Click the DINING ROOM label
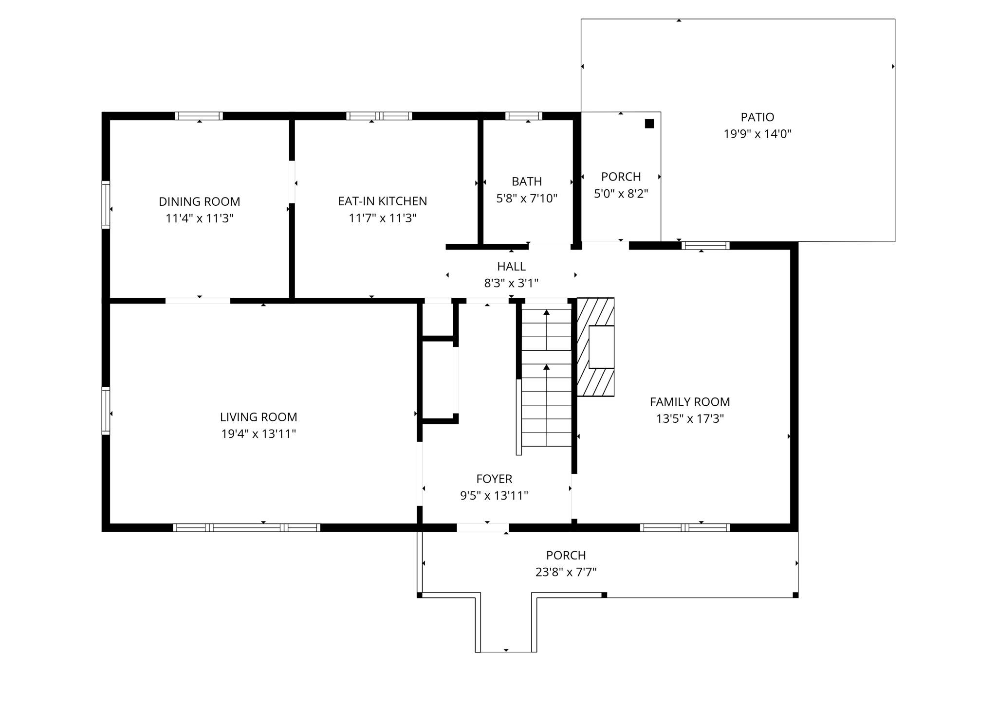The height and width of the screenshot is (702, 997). click(x=199, y=201)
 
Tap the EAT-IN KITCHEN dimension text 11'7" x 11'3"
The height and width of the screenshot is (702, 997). click(x=382, y=218)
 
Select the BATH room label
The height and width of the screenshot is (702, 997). click(x=526, y=181)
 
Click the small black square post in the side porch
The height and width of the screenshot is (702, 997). click(x=649, y=124)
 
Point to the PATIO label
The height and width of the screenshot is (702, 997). click(x=757, y=117)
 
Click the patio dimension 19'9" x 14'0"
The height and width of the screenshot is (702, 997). click(x=757, y=134)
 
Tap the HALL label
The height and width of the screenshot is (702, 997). click(x=511, y=267)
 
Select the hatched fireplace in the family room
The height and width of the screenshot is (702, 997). click(x=595, y=347)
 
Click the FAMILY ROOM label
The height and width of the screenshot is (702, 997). click(x=689, y=402)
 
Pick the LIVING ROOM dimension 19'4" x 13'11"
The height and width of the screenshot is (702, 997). click(x=258, y=433)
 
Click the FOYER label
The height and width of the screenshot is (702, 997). click(x=494, y=479)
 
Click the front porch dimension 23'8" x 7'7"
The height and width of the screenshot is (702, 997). click(x=566, y=572)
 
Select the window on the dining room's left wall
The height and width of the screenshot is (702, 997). click(x=106, y=204)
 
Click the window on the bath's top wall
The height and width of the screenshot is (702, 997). click(x=523, y=116)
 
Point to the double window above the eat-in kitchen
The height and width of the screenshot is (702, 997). click(x=379, y=116)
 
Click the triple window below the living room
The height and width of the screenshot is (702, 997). click(x=246, y=527)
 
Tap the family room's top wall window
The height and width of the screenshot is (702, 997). click(x=705, y=246)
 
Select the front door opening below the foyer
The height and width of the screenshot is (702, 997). click(x=482, y=528)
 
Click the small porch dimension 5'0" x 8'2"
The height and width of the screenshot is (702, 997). click(x=621, y=194)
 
